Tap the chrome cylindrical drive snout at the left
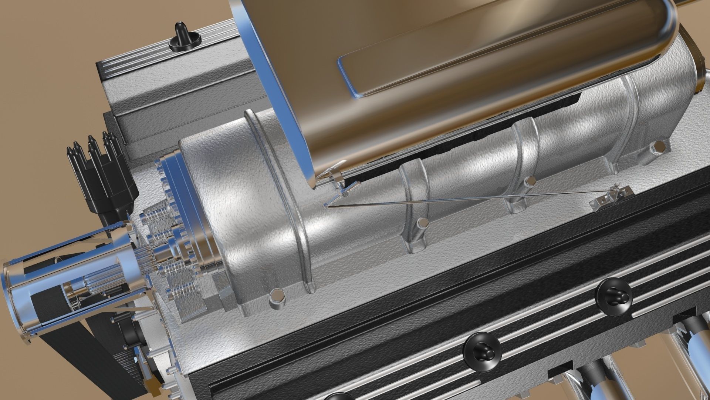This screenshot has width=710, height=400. pyautogui.click(x=70, y=274)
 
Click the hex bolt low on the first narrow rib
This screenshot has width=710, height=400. pyautogui.click(x=420, y=224)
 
